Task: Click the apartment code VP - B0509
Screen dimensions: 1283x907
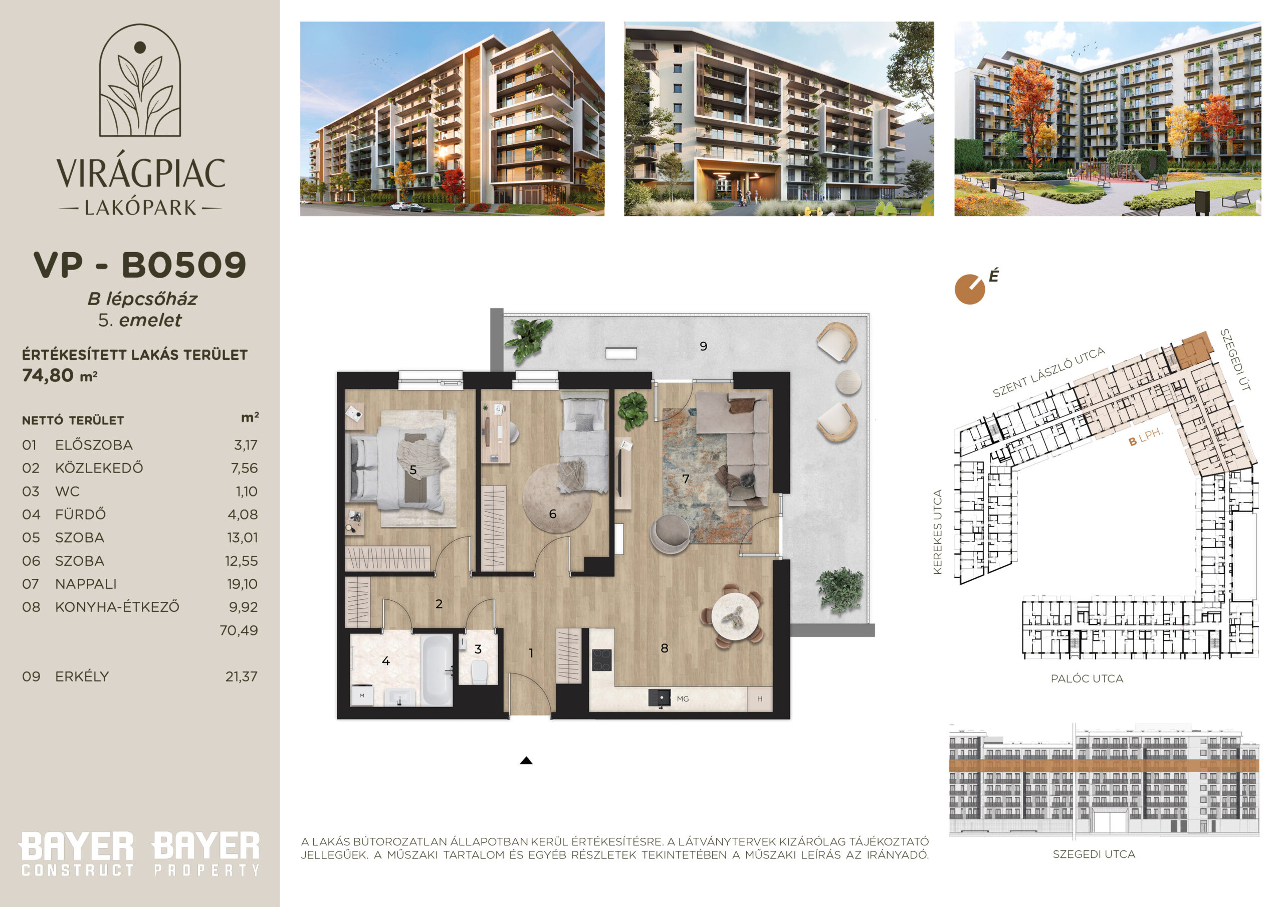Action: [140, 265]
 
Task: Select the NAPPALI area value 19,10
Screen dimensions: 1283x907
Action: [242, 584]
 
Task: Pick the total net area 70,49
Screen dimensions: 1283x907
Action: [239, 630]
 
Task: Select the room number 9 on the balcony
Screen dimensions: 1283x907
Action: [704, 346]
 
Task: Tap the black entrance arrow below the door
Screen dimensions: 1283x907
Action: [526, 761]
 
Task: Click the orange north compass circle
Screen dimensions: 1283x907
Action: [969, 290]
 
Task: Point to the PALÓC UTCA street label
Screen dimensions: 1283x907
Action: [1087, 678]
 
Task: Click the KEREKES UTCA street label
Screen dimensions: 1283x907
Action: [937, 532]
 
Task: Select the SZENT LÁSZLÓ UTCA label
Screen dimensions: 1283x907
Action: [1049, 372]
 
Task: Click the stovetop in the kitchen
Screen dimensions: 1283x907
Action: [602, 659]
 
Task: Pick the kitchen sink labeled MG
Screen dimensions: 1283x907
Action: [660, 699]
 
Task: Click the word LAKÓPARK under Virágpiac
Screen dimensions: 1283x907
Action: [140, 208]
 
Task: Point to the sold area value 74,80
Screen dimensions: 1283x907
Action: [48, 375]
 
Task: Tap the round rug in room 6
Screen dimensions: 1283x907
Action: [557, 498]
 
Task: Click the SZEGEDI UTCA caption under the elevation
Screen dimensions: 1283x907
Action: [1094, 854]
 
